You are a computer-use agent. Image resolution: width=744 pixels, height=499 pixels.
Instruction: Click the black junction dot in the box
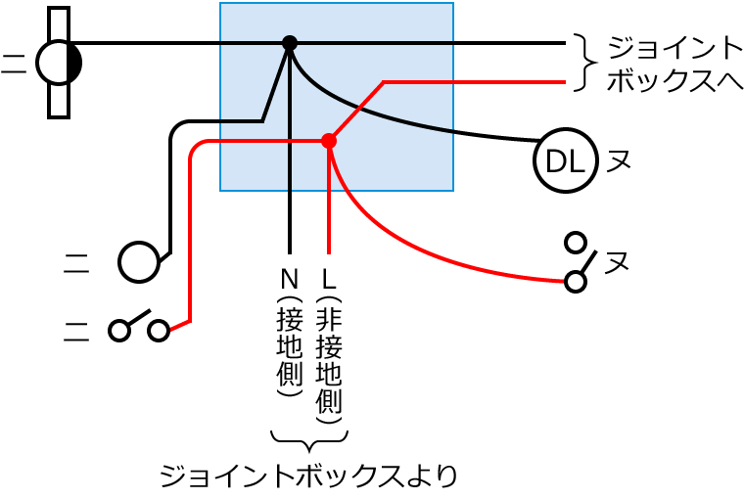[290, 43]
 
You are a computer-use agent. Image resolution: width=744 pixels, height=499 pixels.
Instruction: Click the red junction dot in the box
[329, 141]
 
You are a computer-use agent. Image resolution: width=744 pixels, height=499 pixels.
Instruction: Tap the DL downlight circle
[565, 162]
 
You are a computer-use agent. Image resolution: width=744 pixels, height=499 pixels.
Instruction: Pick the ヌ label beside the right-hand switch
[616, 262]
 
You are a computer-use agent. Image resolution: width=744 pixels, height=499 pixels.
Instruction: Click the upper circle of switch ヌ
[576, 242]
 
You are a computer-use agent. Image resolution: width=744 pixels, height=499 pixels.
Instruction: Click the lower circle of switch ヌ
[576, 282]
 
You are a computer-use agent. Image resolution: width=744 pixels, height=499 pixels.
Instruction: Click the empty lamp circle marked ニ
[138, 262]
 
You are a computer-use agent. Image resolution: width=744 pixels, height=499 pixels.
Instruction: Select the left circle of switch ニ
[119, 331]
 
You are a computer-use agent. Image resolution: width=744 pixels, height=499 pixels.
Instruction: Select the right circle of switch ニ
[159, 331]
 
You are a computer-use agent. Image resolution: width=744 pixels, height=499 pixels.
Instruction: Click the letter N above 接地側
[290, 277]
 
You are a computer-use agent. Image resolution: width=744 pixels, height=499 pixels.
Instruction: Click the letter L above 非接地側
[329, 277]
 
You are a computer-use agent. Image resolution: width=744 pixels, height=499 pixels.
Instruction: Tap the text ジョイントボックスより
[308, 476]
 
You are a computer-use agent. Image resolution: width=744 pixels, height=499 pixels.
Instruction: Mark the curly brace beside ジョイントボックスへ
[584, 63]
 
